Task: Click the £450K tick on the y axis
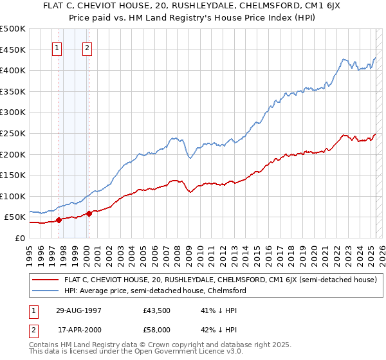[14, 50]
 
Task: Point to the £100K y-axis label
[14, 196]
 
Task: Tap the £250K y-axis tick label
[14, 133]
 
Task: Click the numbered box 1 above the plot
[57, 47]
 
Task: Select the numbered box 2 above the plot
[87, 47]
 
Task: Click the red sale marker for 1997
[59, 220]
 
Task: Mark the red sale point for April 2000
[89, 213]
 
